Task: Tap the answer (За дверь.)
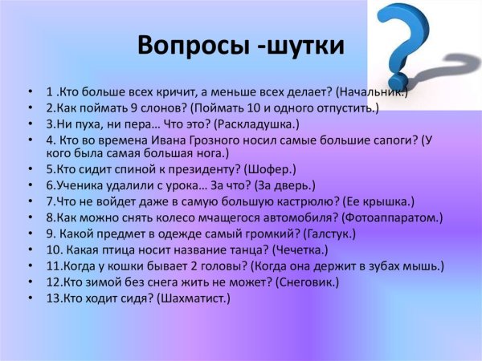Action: click(x=280, y=185)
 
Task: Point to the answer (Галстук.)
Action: click(x=330, y=233)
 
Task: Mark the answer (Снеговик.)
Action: click(x=308, y=282)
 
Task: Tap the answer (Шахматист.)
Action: click(x=192, y=298)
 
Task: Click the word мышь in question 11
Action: click(x=425, y=266)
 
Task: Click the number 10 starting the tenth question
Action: click(x=52, y=249)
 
